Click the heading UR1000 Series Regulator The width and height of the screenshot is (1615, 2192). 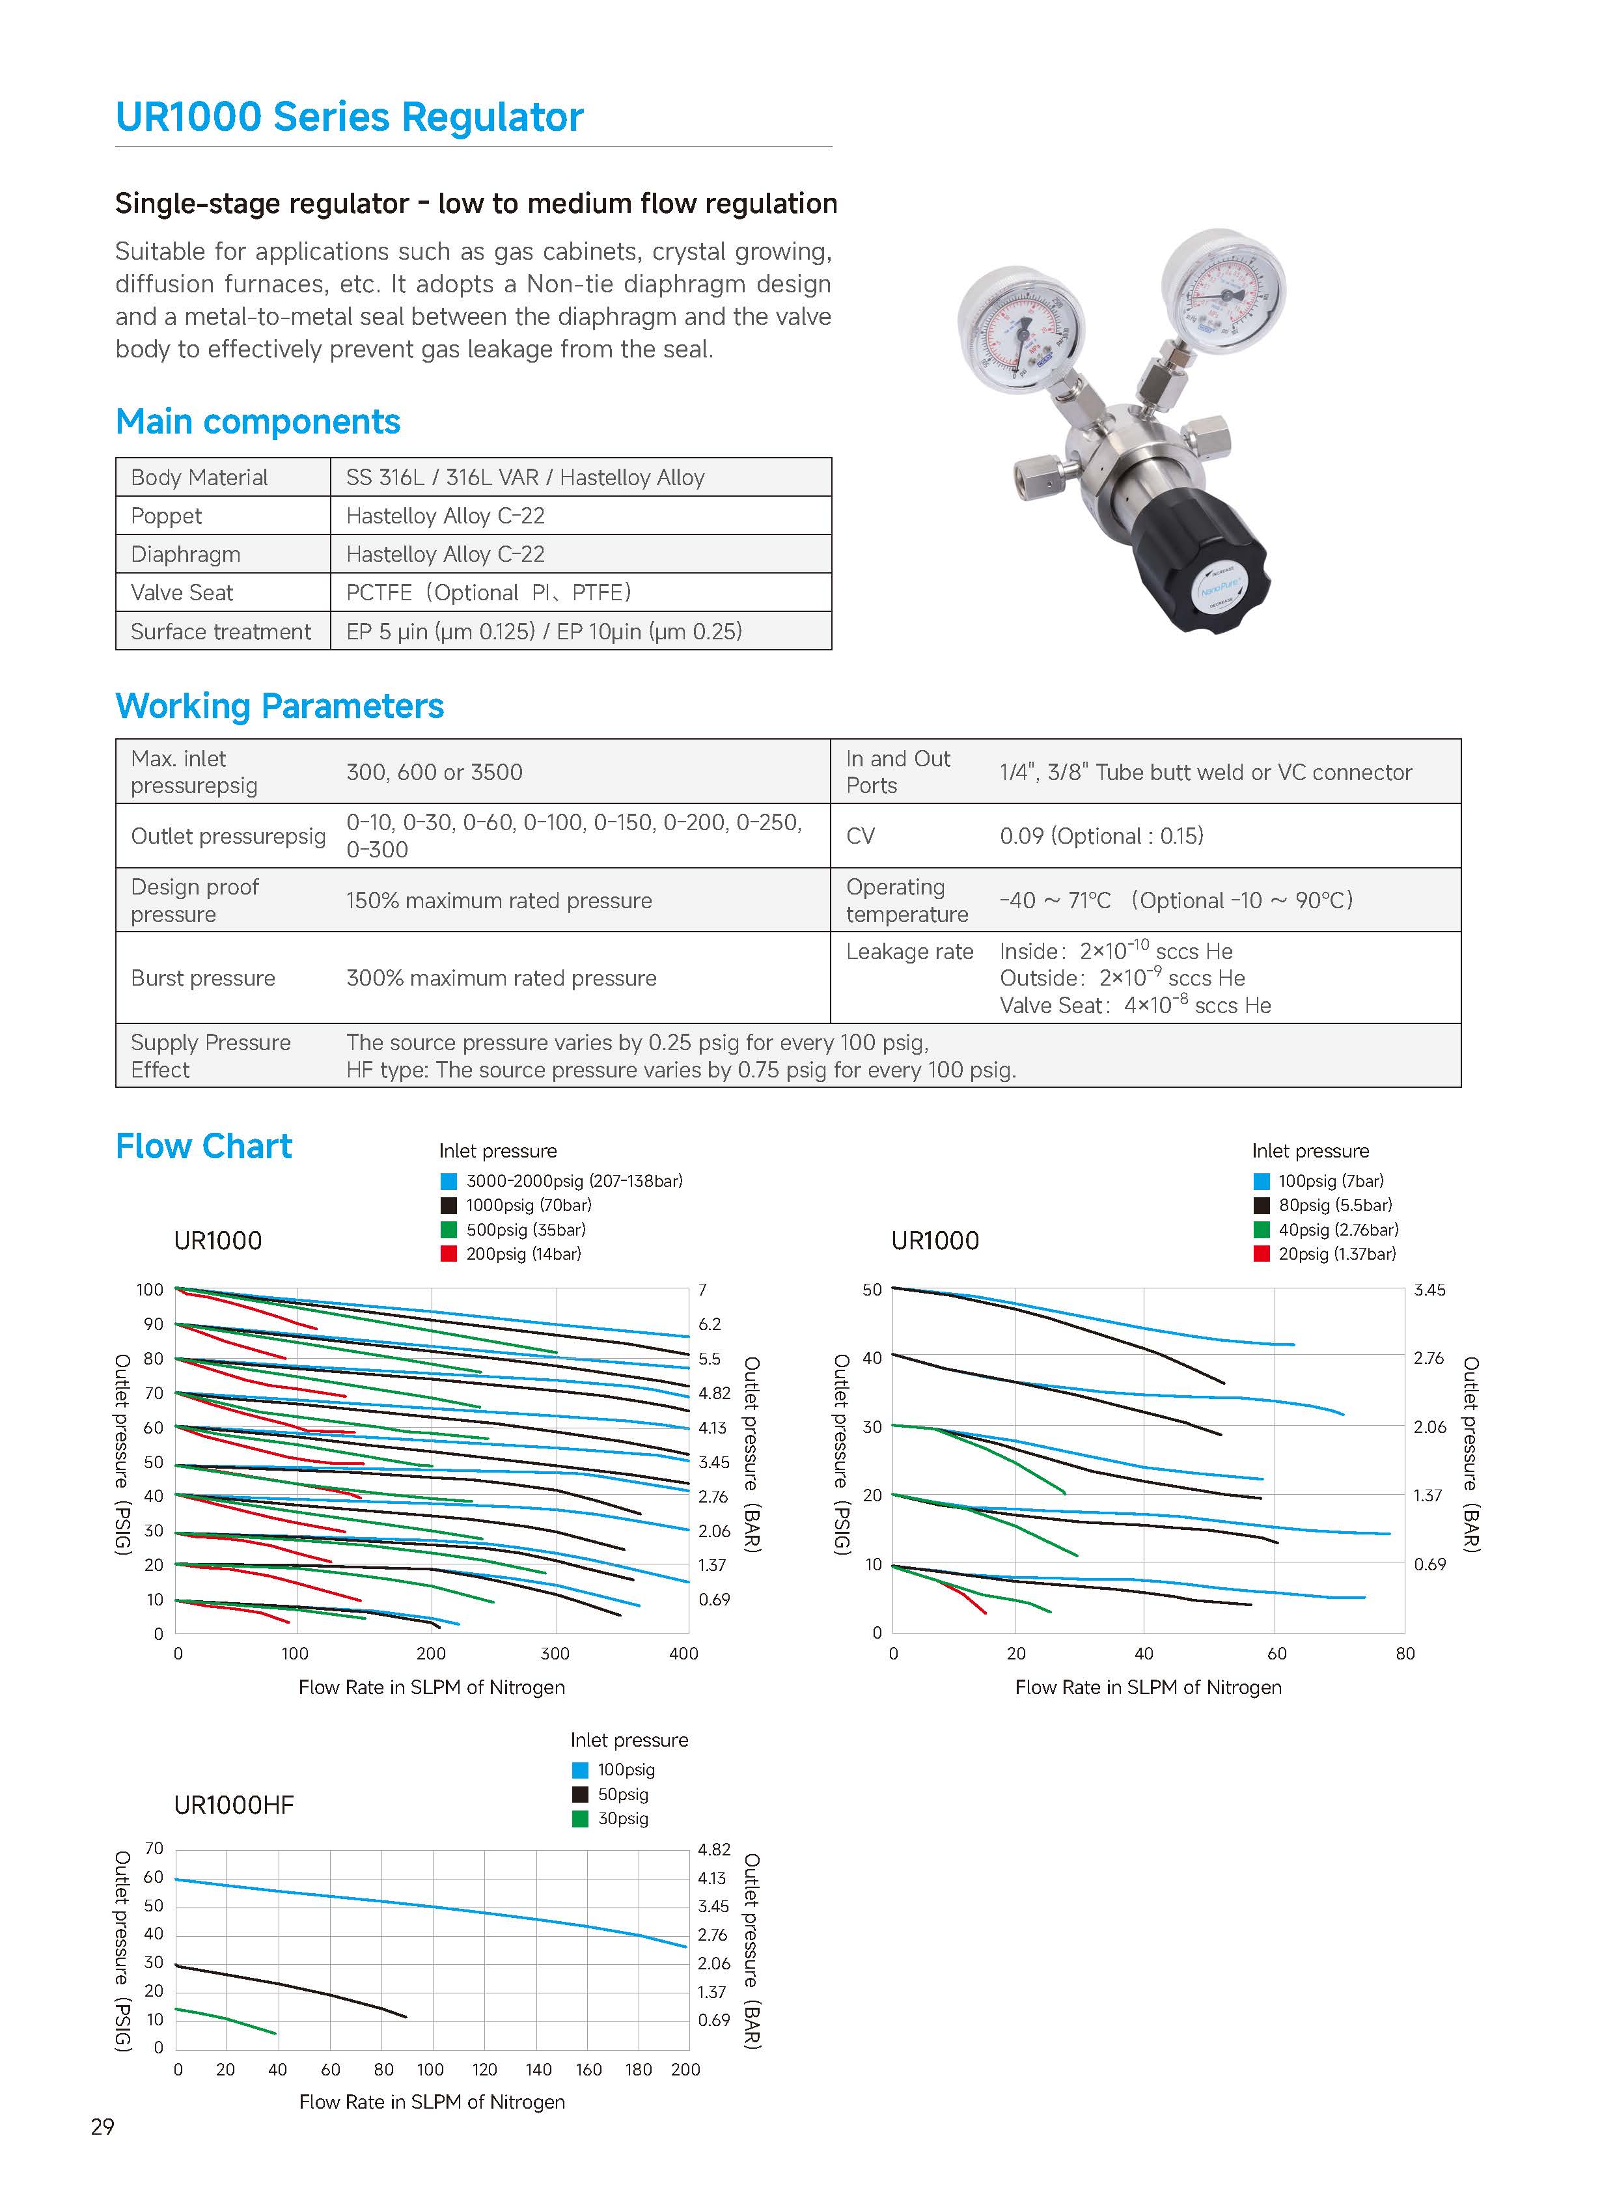click(349, 117)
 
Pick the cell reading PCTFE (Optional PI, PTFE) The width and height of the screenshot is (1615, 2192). click(489, 592)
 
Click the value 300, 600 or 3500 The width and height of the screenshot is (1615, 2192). click(434, 772)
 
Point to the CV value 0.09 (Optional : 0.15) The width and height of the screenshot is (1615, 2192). click(1101, 836)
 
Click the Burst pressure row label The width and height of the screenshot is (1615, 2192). click(203, 978)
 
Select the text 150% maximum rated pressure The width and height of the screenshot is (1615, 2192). click(499, 900)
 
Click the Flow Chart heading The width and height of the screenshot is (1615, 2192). click(203, 1146)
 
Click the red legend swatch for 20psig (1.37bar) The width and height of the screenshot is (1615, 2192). click(1261, 1253)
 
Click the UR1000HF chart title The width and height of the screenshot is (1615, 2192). click(234, 1805)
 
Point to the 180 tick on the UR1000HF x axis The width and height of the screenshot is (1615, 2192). click(639, 2070)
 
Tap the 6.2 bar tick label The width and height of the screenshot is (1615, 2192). click(710, 1324)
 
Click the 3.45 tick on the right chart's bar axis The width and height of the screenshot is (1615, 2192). click(1429, 1290)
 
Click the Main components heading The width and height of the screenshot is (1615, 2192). click(258, 421)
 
